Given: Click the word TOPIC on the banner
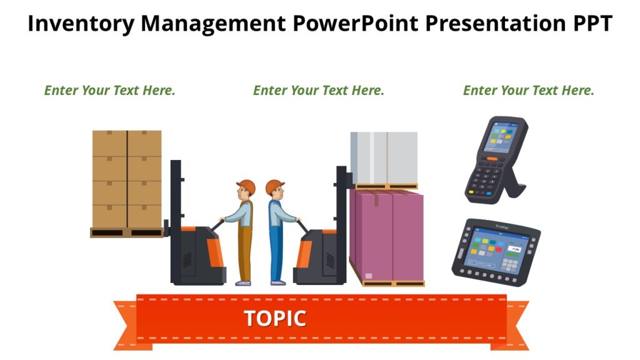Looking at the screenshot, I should coord(275,319).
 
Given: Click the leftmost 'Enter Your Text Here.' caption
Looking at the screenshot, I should coord(109,91).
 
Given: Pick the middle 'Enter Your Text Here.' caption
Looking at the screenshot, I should coord(319,91).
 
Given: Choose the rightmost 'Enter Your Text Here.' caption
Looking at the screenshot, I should coord(529,91).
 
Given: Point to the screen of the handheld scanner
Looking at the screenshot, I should coord(502,137).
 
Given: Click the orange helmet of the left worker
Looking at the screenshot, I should coord(246,185).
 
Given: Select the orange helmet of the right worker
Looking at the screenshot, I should coord(274,185).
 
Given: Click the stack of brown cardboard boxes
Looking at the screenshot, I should coord(127,179).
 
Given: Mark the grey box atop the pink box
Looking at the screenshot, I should coord(384,157).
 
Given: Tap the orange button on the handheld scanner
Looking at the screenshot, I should coord(492,159).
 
